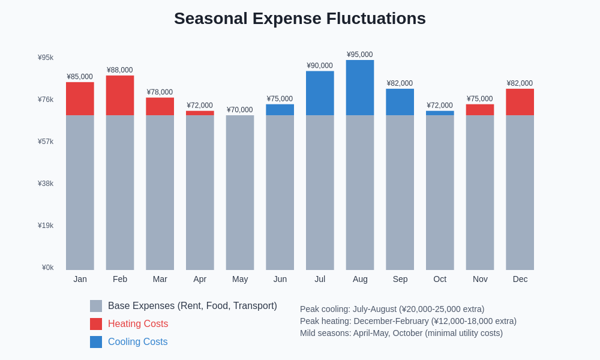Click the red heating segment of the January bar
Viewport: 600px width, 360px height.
click(80, 98)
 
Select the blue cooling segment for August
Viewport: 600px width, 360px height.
click(360, 88)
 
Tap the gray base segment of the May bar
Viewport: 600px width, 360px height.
click(240, 192)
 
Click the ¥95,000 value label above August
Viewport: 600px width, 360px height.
click(359, 55)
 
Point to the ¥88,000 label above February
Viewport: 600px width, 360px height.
click(120, 70)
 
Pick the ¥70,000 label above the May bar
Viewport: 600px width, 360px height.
click(240, 110)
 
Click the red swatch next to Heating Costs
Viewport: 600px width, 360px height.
click(96, 324)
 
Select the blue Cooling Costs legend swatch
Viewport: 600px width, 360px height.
click(96, 342)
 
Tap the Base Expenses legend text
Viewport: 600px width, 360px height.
click(192, 306)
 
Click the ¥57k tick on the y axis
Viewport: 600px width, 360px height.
click(46, 142)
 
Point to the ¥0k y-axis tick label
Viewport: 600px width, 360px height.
click(47, 268)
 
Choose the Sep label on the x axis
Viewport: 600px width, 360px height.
click(400, 279)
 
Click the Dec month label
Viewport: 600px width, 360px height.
click(520, 279)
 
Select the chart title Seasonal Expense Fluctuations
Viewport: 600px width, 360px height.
click(300, 19)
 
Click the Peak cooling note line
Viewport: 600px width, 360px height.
click(392, 309)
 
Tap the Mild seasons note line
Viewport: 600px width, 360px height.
click(401, 333)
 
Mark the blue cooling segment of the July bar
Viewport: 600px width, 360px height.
click(320, 93)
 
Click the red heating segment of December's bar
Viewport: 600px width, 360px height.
click(520, 102)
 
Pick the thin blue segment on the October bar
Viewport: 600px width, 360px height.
click(440, 113)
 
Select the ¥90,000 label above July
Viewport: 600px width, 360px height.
click(320, 66)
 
